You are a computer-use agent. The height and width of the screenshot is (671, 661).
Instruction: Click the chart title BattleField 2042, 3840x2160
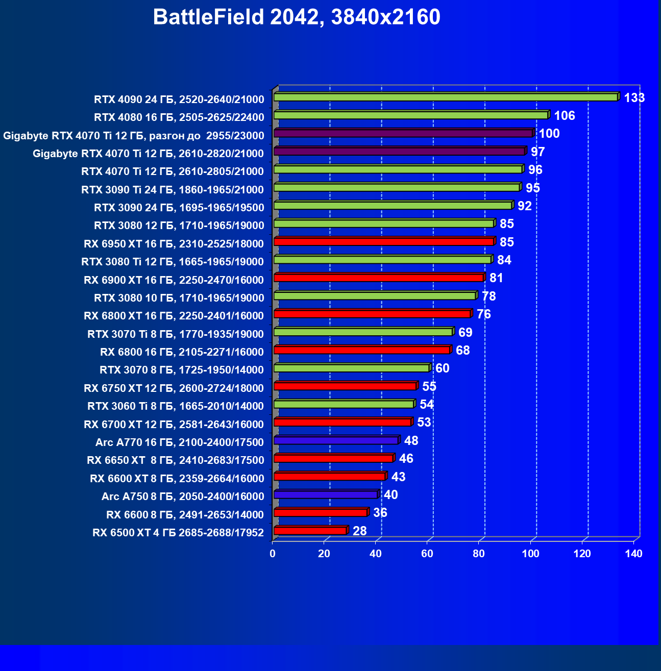coord(296,17)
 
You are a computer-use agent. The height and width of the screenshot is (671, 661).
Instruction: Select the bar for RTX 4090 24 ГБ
coord(445,97)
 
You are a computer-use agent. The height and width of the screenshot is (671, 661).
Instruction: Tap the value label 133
coord(634,97)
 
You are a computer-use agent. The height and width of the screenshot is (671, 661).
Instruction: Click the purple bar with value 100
coord(403,133)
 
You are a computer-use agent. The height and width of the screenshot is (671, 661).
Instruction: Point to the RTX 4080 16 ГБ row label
coord(179,117)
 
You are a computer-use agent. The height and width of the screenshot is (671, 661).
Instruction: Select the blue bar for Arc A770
coord(336,440)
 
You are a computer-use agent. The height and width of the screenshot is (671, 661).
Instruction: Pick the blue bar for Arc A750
coord(326,494)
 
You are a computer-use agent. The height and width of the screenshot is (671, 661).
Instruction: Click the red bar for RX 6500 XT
coord(310,531)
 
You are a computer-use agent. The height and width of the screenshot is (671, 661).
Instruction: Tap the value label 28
coord(360,531)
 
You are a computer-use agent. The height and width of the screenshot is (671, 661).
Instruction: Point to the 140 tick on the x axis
coord(633,554)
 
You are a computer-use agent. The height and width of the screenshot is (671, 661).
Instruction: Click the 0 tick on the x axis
coord(273,554)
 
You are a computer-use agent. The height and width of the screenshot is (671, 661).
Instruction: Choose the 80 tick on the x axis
coord(479,554)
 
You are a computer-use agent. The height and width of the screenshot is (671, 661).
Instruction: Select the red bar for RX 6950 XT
coord(384,241)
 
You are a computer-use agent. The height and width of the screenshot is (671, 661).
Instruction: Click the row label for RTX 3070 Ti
coord(176,334)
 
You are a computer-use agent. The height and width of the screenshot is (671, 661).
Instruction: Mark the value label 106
coord(565,116)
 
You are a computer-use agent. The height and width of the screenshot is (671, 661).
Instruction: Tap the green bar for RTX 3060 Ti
coord(344,404)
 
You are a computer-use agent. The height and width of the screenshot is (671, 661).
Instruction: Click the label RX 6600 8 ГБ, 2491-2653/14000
coord(185,514)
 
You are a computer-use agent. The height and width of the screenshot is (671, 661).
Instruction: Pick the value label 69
coord(466,333)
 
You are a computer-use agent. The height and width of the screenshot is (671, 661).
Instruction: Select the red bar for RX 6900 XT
coord(379,278)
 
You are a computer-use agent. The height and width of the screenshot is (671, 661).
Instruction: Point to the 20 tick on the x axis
coord(324,554)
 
